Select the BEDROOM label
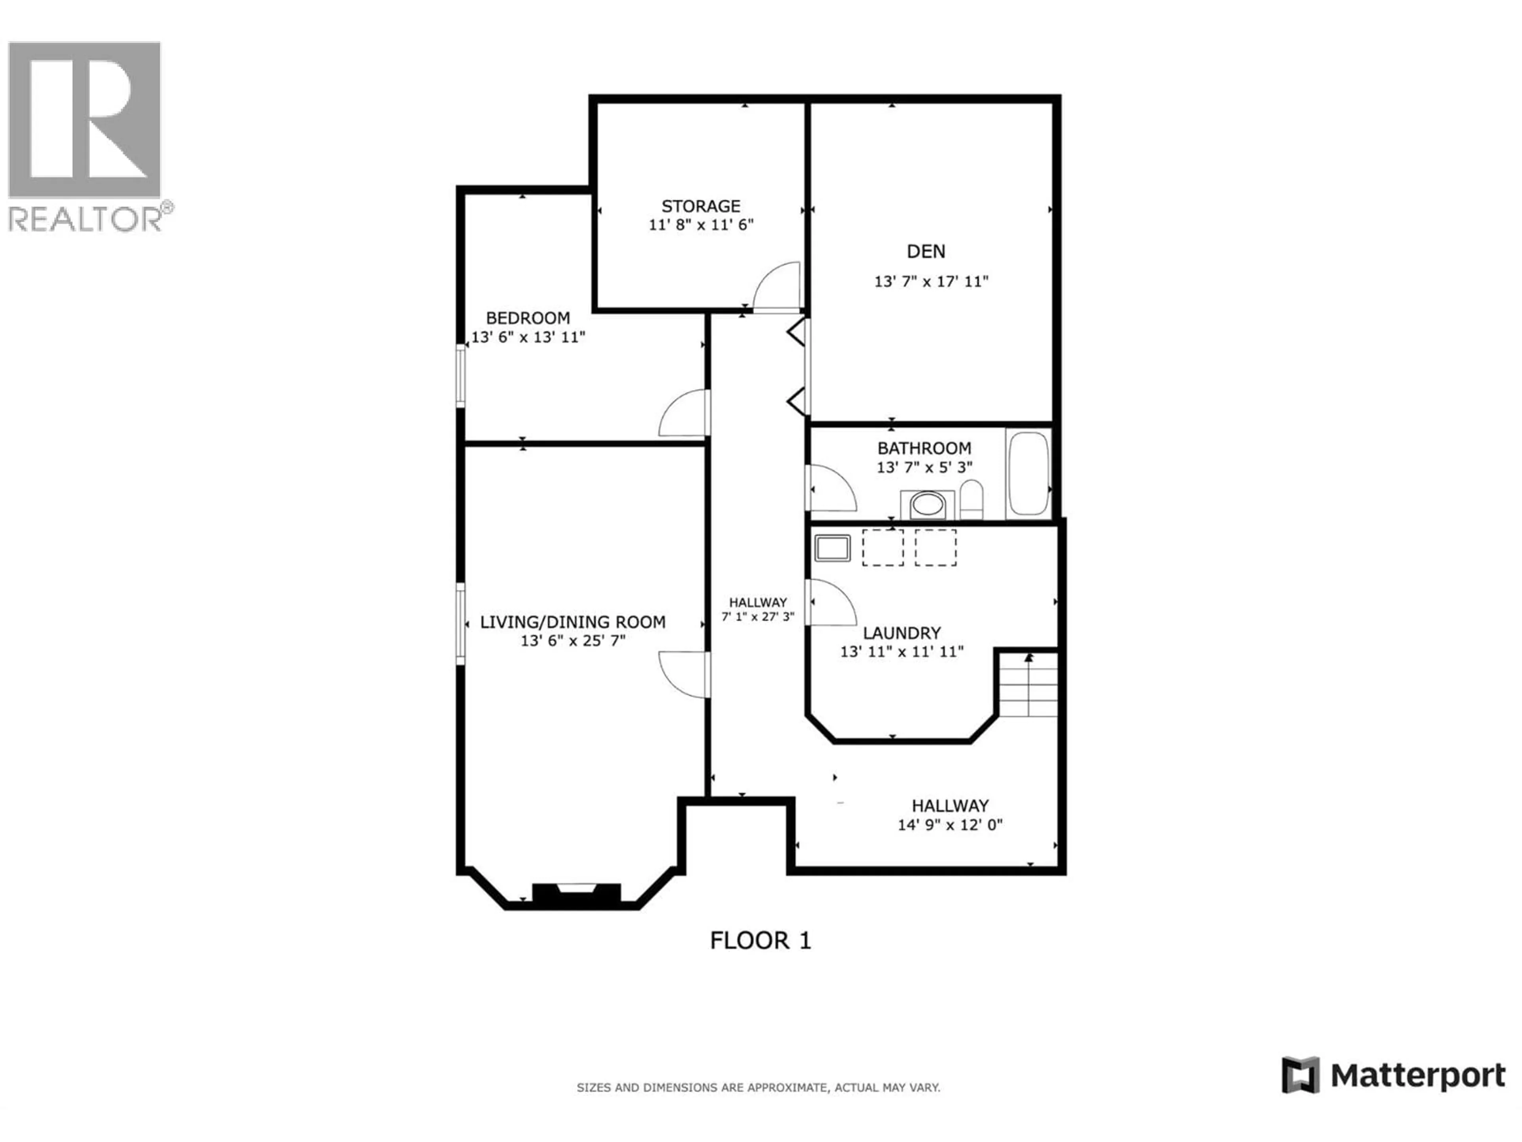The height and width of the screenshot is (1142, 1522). click(528, 318)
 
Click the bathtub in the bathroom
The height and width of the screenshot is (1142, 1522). click(1028, 473)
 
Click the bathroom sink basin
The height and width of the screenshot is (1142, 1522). click(927, 504)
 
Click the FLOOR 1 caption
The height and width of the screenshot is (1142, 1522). click(760, 940)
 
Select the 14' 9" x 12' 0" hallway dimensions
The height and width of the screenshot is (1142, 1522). click(950, 825)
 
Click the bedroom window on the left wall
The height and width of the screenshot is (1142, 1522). click(461, 376)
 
